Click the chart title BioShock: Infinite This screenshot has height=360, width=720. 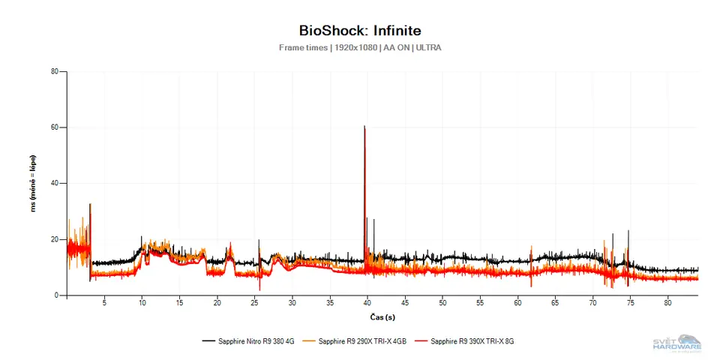pos(360,31)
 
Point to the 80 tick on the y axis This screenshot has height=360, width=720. pos(54,72)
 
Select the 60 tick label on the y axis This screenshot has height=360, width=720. pos(54,127)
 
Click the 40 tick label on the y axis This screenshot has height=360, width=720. pos(54,184)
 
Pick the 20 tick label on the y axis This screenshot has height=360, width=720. pos(54,239)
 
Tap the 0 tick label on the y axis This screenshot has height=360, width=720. pos(56,295)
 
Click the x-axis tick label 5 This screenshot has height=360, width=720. pos(104,304)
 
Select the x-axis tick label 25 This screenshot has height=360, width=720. pos(255,304)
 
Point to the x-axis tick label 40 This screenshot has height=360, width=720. pos(367,304)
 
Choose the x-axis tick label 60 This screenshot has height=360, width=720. pos(517,304)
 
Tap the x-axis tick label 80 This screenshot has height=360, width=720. pos(667,304)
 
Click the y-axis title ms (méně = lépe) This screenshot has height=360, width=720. pos(33,184)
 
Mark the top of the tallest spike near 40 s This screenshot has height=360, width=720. pos(364,127)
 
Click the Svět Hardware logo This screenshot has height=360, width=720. pos(677,343)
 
